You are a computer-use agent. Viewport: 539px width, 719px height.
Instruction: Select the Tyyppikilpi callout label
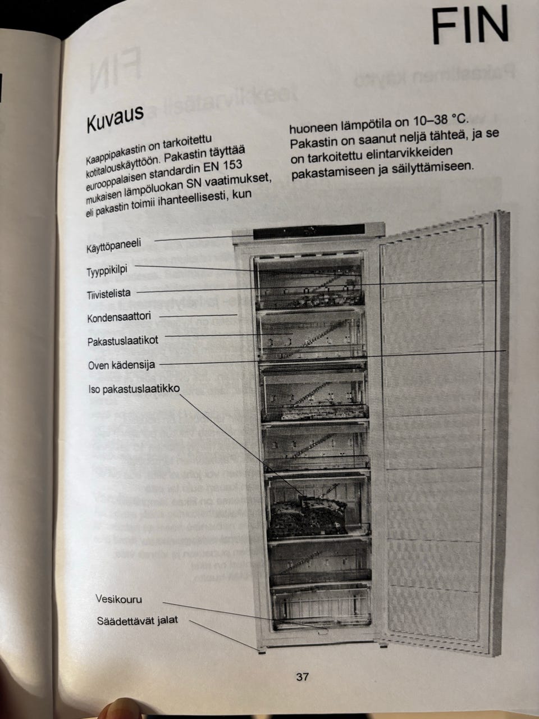(107, 270)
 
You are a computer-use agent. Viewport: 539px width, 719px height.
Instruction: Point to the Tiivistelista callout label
(109, 294)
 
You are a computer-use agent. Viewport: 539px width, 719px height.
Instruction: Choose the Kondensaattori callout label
(119, 318)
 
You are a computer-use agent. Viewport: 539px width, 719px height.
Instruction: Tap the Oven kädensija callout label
(121, 365)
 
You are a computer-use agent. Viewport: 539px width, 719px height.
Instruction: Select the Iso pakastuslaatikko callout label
(134, 389)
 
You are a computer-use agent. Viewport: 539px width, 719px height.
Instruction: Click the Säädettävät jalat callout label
(138, 620)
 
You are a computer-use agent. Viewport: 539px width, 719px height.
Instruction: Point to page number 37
(302, 677)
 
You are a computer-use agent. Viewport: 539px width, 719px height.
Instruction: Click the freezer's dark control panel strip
(318, 231)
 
